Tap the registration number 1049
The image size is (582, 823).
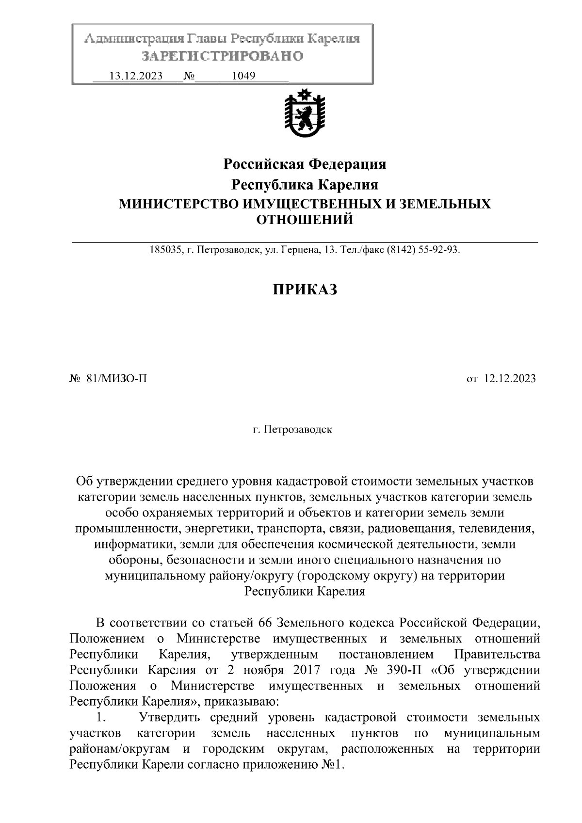pos(243,76)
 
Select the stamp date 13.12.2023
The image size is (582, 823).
pos(136,76)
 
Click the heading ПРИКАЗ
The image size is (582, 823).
pos(304,290)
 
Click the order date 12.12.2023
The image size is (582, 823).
pos(510,379)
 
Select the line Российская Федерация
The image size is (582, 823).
pos(305,164)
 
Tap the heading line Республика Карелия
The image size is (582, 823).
pos(305,185)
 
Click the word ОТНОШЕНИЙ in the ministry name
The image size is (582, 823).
pos(305,221)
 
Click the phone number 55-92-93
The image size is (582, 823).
pos(437,251)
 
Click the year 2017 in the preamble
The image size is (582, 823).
pos(307,670)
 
